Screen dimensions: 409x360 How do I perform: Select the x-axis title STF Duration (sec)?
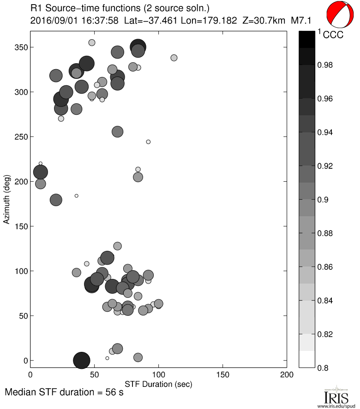pos(158,384)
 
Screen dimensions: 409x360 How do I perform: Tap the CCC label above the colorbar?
pos(333,35)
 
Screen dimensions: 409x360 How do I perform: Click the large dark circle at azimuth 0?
pos(82,360)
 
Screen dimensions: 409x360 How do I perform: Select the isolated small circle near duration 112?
pos(174,58)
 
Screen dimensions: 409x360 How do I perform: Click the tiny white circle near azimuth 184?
pos(77,196)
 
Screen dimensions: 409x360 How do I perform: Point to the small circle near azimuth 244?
pos(148,142)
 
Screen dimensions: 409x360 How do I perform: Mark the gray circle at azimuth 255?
pos(118,132)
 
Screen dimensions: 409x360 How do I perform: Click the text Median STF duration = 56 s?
pos(64,393)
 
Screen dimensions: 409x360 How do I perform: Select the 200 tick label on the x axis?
pos(286,376)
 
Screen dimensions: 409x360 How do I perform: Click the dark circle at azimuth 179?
pos(56,200)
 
